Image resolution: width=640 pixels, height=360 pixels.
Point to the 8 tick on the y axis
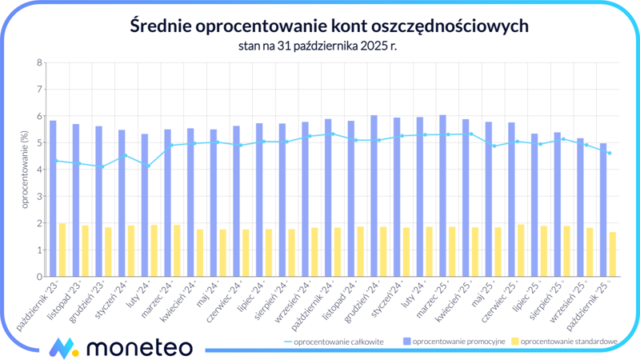tap(39, 62)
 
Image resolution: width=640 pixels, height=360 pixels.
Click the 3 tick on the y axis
tap(39, 197)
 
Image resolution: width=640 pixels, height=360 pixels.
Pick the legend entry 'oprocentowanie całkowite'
tap(338, 342)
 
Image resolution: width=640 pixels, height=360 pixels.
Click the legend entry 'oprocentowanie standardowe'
tap(567, 342)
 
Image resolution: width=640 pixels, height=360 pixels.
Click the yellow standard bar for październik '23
tap(62, 250)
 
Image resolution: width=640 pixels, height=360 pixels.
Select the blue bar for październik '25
tap(603, 210)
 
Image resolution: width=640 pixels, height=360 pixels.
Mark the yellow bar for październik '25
tap(612, 254)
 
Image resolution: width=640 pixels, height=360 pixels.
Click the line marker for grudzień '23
tap(102, 166)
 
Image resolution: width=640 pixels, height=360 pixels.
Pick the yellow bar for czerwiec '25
tap(521, 250)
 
